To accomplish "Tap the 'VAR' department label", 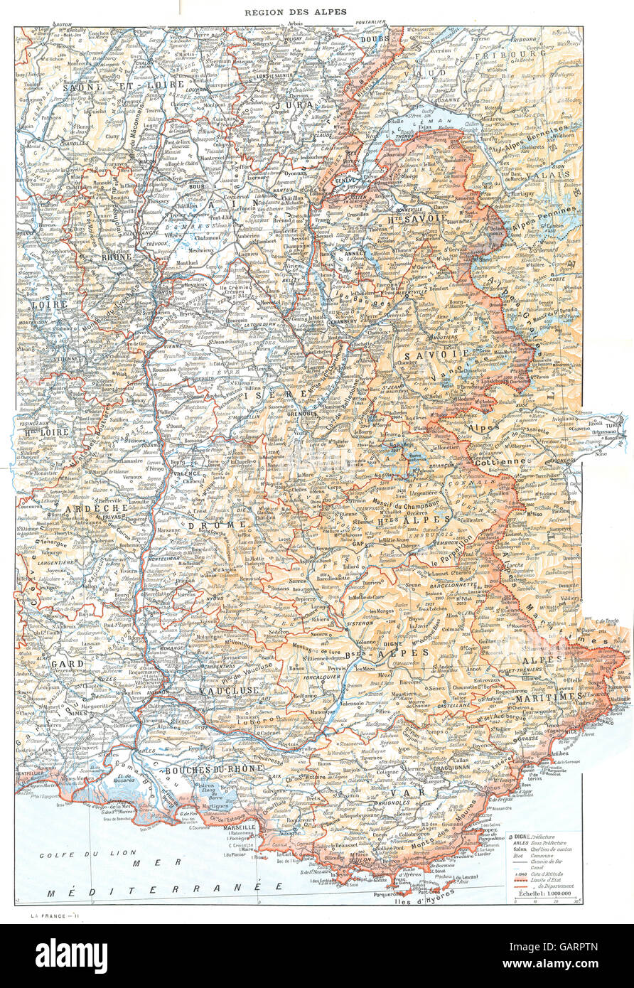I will (414, 792).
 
